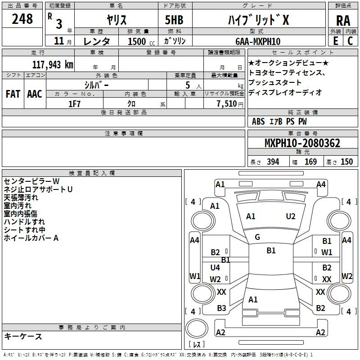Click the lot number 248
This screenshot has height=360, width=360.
pos(22,19)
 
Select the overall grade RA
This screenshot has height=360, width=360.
pos(343,21)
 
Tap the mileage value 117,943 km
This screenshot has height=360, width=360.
pos(53,64)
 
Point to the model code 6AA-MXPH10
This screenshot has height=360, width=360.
pos(258,41)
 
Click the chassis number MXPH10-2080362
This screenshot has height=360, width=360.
pos(302,143)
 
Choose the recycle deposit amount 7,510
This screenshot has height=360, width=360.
pos(227,103)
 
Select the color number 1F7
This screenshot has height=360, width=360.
pos(74,104)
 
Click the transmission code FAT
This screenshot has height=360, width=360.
pos(13,94)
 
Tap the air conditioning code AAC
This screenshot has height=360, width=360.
pos(35,94)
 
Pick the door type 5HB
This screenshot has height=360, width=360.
pos(174,20)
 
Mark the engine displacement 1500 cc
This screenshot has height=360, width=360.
pos(141,41)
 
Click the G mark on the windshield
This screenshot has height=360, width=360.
pos(257,237)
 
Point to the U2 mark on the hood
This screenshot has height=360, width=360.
pos(291,216)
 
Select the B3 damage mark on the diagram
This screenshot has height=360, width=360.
pos(221,308)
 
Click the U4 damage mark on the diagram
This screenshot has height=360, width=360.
pos(215,267)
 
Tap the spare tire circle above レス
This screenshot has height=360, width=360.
pos(197,328)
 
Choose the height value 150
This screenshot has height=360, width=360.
pos(346,162)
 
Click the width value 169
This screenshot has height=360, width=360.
pos(310,162)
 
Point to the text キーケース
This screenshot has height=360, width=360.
pos(23,336)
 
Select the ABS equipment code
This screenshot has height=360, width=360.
pos(258,121)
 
